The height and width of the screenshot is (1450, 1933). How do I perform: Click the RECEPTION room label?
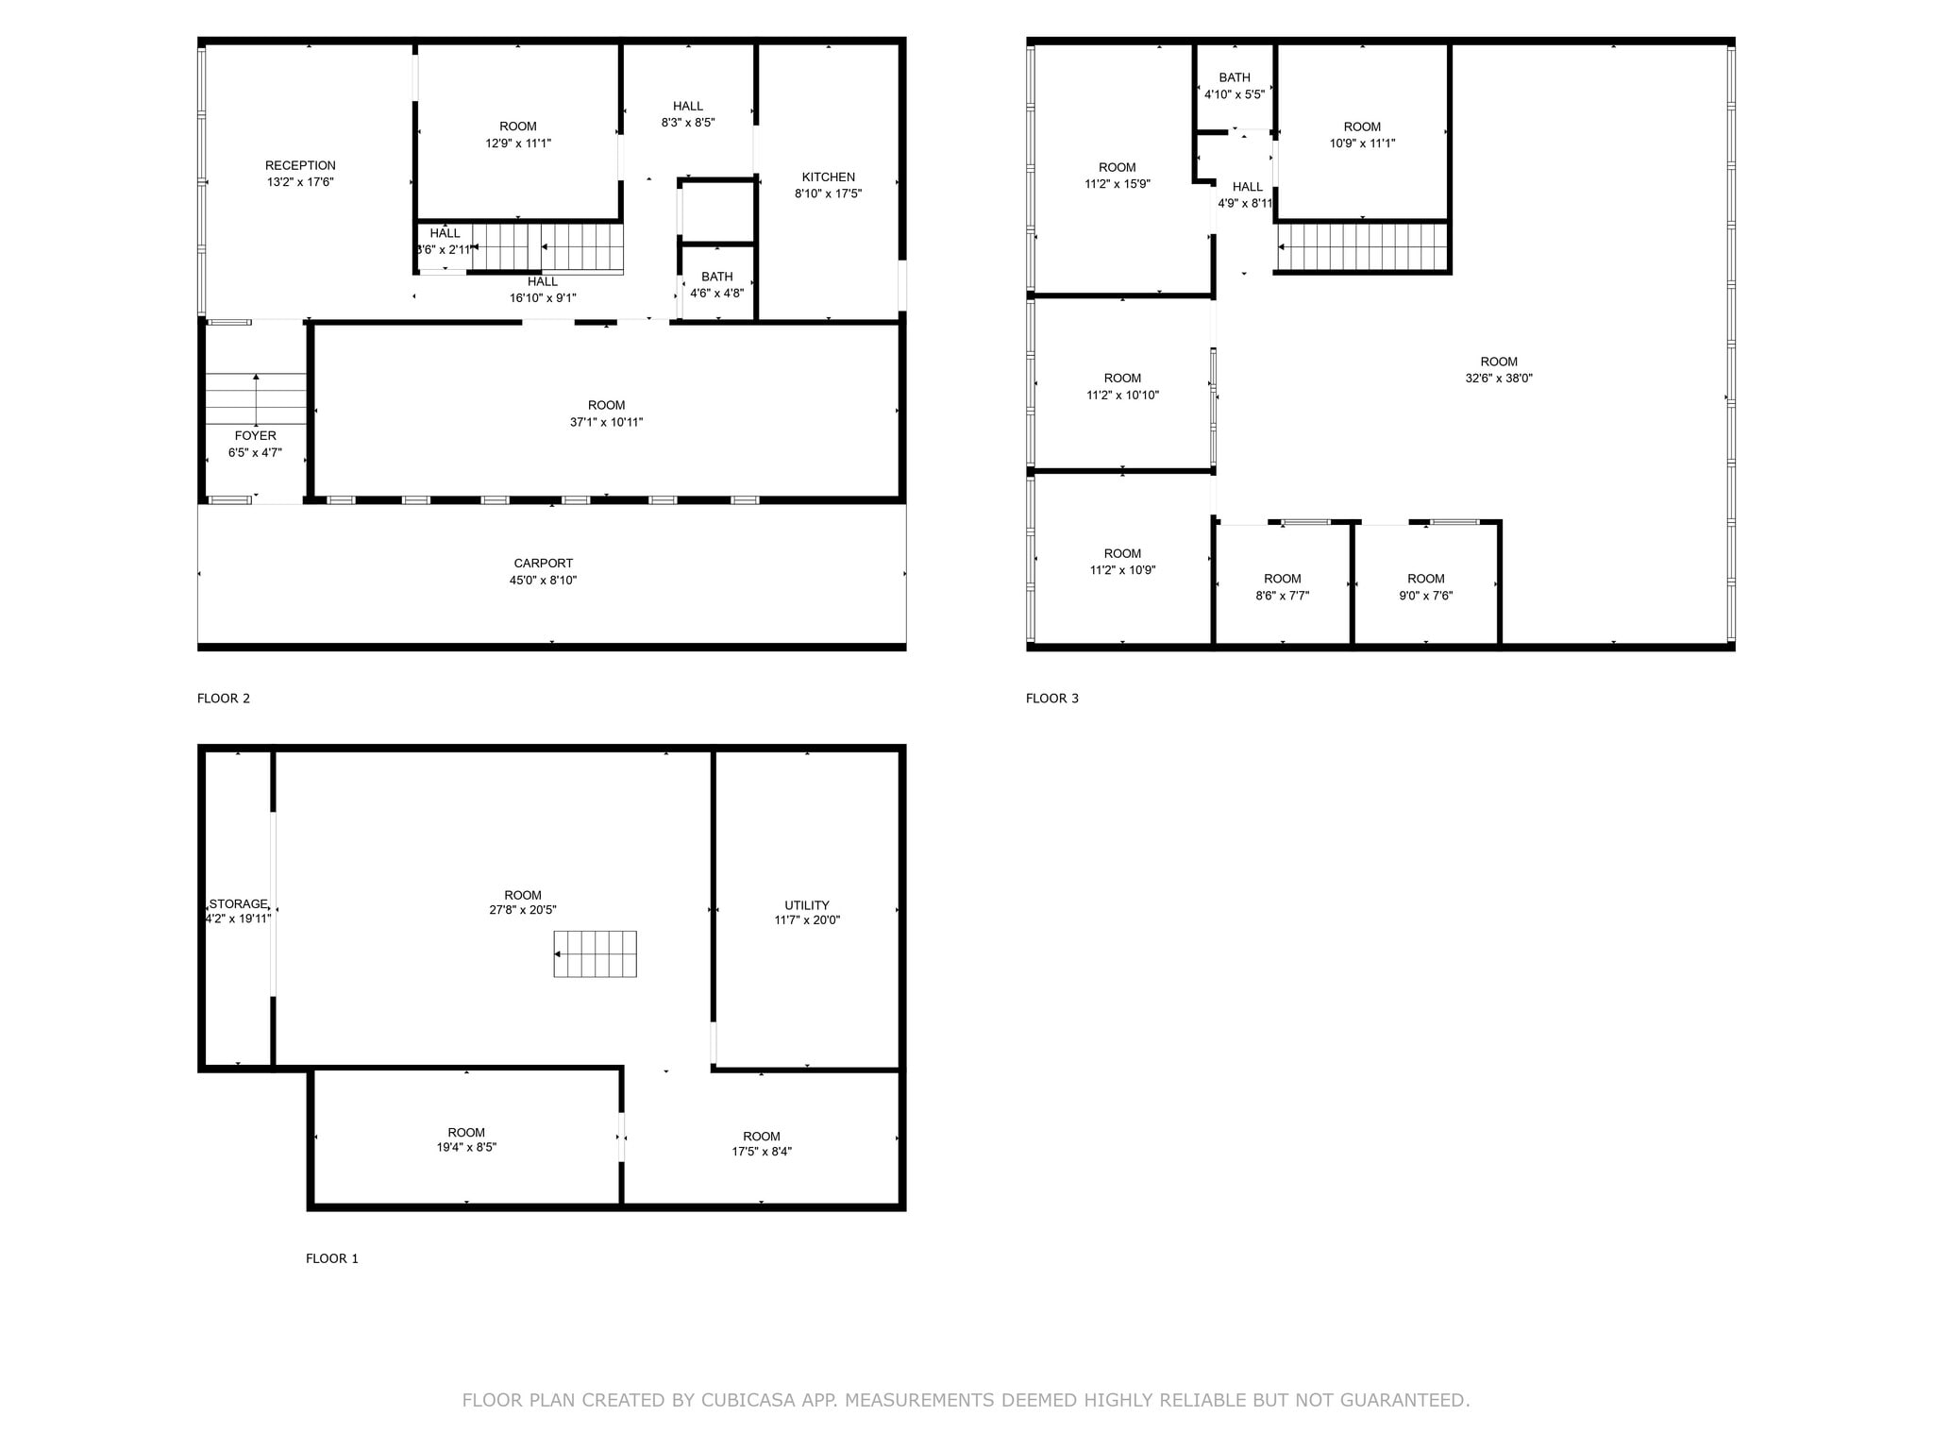tap(300, 166)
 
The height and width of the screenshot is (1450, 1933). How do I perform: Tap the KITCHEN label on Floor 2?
tap(828, 177)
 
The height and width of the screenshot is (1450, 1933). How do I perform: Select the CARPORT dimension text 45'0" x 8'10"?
tap(543, 581)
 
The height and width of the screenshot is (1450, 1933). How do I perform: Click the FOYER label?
tap(255, 436)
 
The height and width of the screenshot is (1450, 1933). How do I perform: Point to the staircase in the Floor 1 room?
tap(595, 953)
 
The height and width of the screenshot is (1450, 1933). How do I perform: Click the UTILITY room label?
tap(806, 905)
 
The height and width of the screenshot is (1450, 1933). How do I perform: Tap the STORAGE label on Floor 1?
tap(238, 904)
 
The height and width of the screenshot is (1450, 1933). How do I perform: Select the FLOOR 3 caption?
tap(1051, 699)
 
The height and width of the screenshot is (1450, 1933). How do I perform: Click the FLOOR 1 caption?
tap(331, 1258)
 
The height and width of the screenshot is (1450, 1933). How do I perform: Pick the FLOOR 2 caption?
tap(223, 699)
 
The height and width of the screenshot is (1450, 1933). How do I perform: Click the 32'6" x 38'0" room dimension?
tap(1498, 379)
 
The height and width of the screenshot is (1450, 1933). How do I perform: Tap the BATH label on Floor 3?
tap(1234, 78)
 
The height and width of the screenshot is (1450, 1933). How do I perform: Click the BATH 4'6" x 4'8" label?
tap(716, 285)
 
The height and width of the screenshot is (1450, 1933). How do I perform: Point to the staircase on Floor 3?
tap(1362, 246)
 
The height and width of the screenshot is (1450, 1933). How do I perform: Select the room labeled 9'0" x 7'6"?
tap(1425, 587)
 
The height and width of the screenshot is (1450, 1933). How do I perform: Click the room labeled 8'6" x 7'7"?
tap(1282, 587)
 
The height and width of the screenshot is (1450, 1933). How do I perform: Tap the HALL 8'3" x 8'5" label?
tap(687, 114)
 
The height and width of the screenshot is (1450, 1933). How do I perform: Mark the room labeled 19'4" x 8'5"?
tap(466, 1140)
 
